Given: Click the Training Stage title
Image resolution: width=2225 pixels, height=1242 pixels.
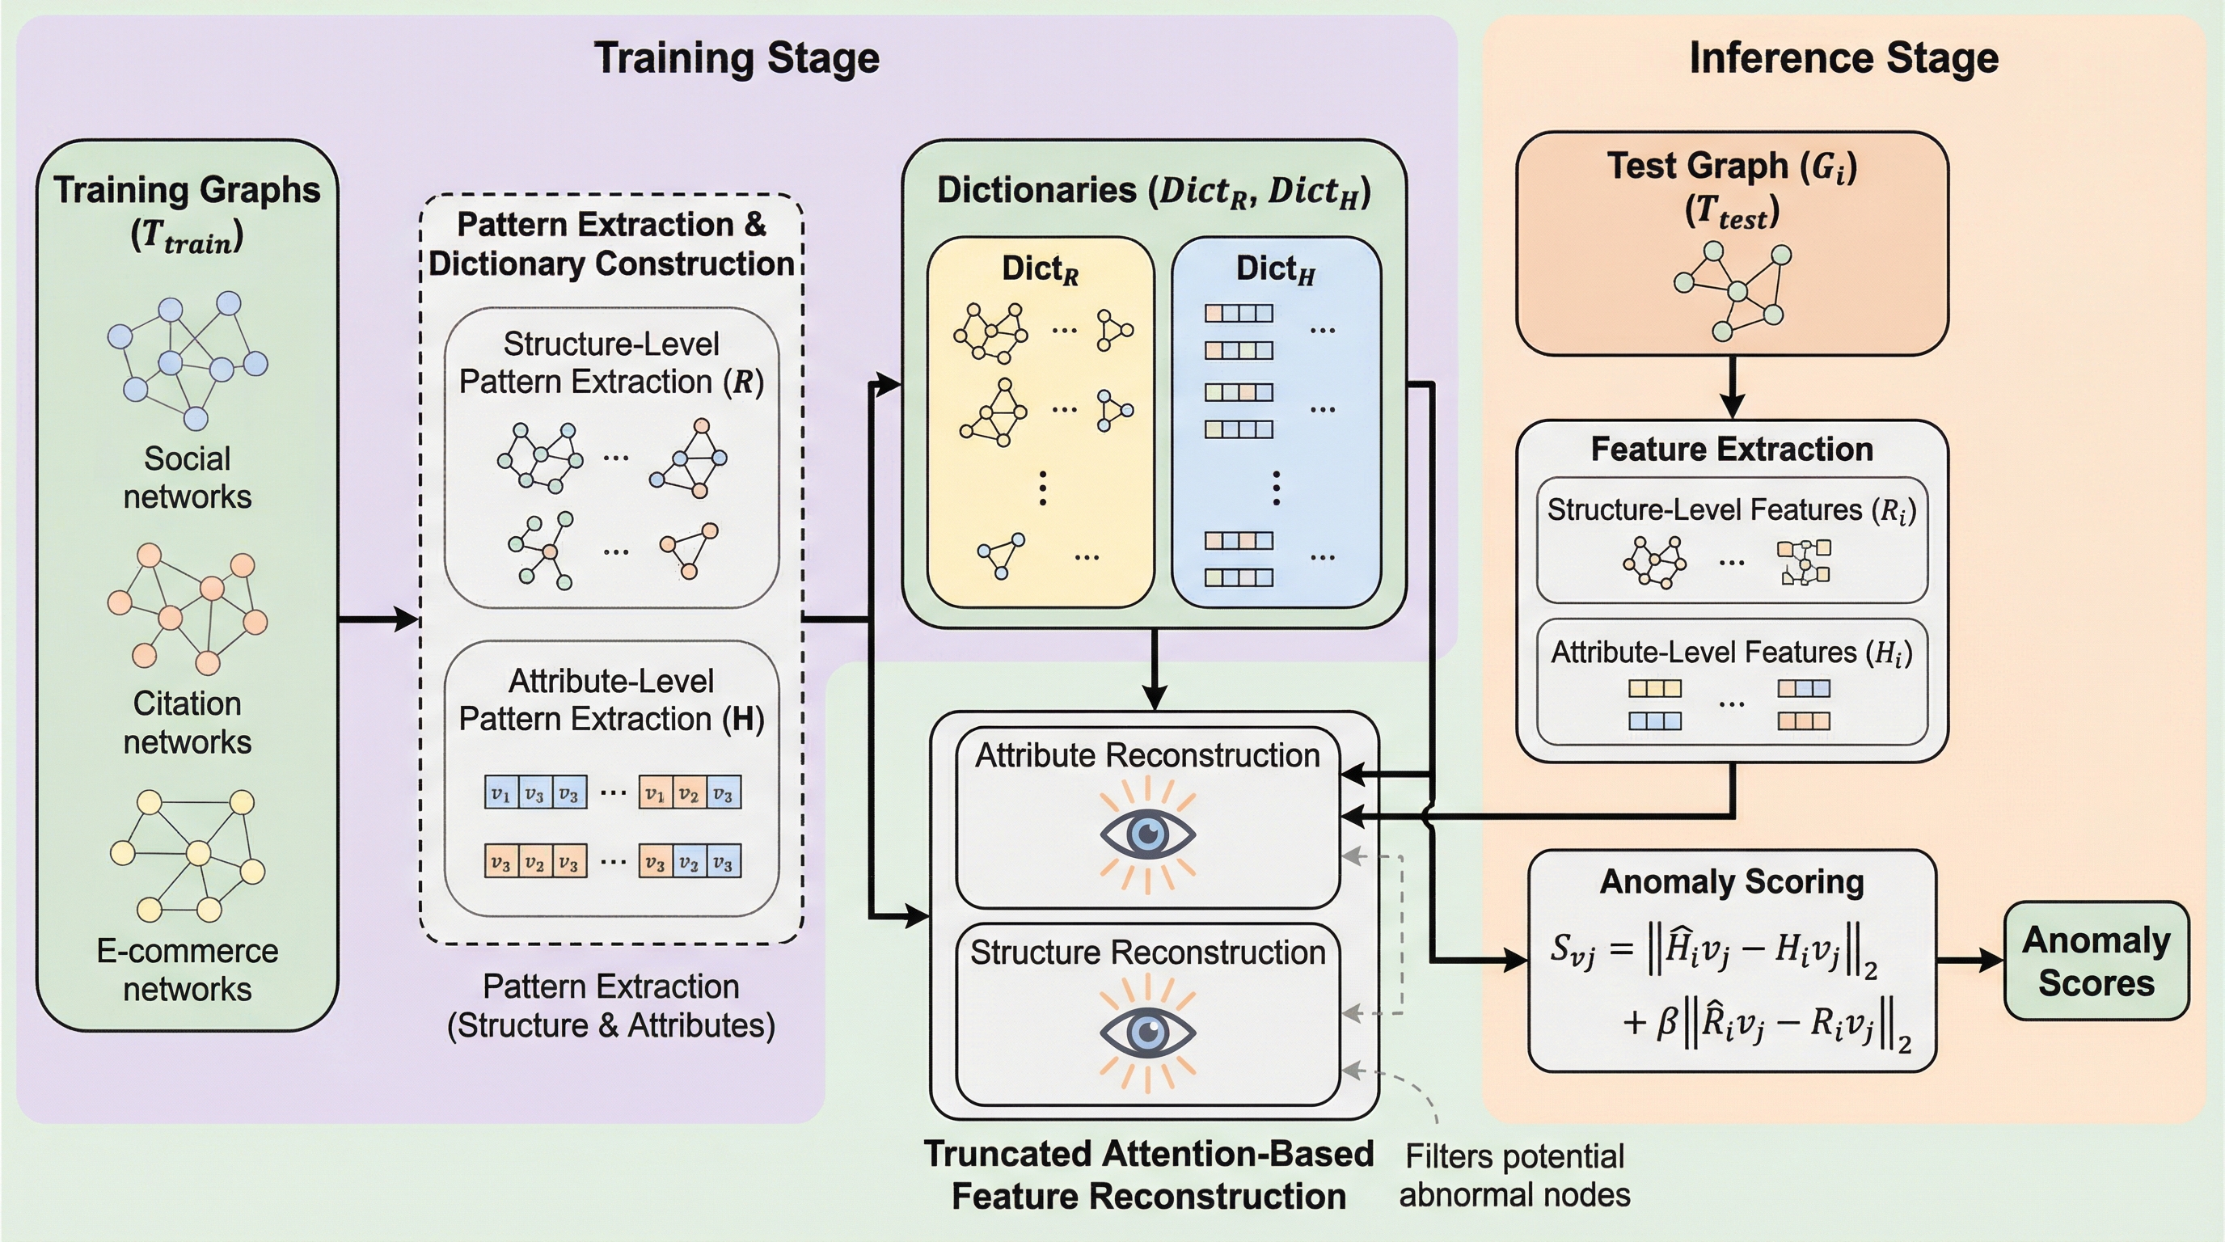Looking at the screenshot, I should coord(736,59).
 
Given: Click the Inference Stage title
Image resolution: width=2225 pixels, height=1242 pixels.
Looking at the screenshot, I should coord(1843,59).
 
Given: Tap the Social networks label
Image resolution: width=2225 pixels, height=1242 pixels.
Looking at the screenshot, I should coord(188,478).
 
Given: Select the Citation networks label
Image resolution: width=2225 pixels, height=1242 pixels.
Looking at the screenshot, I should coord(188,723).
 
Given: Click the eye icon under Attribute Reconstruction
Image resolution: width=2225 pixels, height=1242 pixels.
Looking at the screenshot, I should coord(1147,834).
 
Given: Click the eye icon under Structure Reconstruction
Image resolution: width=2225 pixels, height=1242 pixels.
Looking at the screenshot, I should coord(1147,1032).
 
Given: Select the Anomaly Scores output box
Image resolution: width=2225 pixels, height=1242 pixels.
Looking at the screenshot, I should coord(2096,961).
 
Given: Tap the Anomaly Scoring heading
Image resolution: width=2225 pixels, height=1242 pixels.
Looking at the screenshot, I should coord(1732,882).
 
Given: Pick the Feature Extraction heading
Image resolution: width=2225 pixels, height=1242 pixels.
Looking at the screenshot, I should coord(1732,449).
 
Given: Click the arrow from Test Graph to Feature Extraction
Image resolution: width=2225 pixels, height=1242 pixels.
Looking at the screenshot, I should coord(1732,387).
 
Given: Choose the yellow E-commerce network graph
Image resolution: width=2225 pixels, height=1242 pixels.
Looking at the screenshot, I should coord(188,855).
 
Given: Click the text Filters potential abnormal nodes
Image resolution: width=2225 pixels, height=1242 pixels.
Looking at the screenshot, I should coord(1514,1176).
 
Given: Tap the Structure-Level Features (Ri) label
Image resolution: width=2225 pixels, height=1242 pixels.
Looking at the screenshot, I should coord(1732,510).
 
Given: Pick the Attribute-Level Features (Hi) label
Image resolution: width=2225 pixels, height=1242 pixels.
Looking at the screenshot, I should coord(1732,652).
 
